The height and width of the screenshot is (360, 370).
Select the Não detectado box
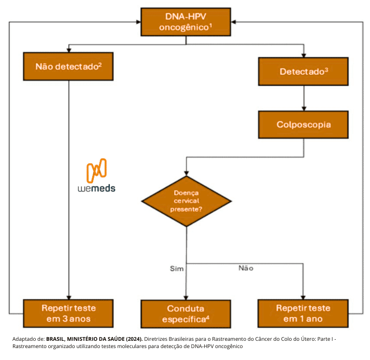[68, 66]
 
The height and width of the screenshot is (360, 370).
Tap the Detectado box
[304, 71]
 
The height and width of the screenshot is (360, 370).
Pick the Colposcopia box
[304, 125]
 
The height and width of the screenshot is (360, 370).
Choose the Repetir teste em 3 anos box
[68, 313]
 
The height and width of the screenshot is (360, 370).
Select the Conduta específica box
[186, 313]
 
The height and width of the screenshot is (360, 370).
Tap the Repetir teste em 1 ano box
[304, 313]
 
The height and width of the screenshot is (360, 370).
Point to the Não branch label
[246, 268]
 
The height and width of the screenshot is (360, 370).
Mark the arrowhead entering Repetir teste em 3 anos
[68, 296]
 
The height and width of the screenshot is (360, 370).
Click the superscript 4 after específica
[207, 316]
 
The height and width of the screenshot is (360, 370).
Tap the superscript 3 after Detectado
[326, 69]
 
